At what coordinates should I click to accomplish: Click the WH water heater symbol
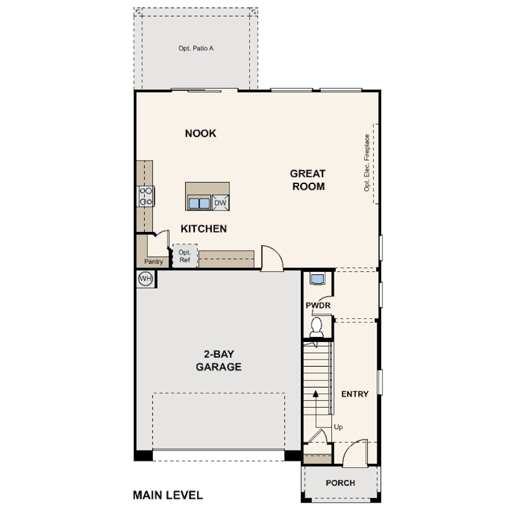tap(145, 279)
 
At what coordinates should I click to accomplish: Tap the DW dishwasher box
tap(221, 203)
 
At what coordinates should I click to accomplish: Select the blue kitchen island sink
tap(199, 203)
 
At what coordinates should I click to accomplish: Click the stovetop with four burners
tap(145, 197)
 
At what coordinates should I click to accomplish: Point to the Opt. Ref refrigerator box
tap(185, 256)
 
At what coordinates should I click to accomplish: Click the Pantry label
tap(154, 262)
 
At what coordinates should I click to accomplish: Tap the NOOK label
tap(200, 133)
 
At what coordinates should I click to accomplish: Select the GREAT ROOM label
tap(308, 180)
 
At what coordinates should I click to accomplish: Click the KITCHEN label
tap(204, 229)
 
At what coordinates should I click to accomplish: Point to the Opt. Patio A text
tap(196, 48)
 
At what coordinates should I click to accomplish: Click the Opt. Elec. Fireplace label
tap(367, 162)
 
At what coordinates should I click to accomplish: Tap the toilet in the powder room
tap(317, 327)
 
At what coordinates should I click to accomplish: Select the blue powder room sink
tap(317, 279)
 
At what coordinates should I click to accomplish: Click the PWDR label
tap(318, 306)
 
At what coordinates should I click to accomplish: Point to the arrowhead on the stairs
tap(315, 393)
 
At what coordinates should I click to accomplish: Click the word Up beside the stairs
tap(338, 427)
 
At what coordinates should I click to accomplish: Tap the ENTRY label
tap(355, 394)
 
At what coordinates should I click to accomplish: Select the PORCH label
tap(341, 483)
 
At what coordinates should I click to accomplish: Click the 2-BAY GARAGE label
tap(219, 360)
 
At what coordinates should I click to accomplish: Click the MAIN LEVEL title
tap(168, 495)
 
